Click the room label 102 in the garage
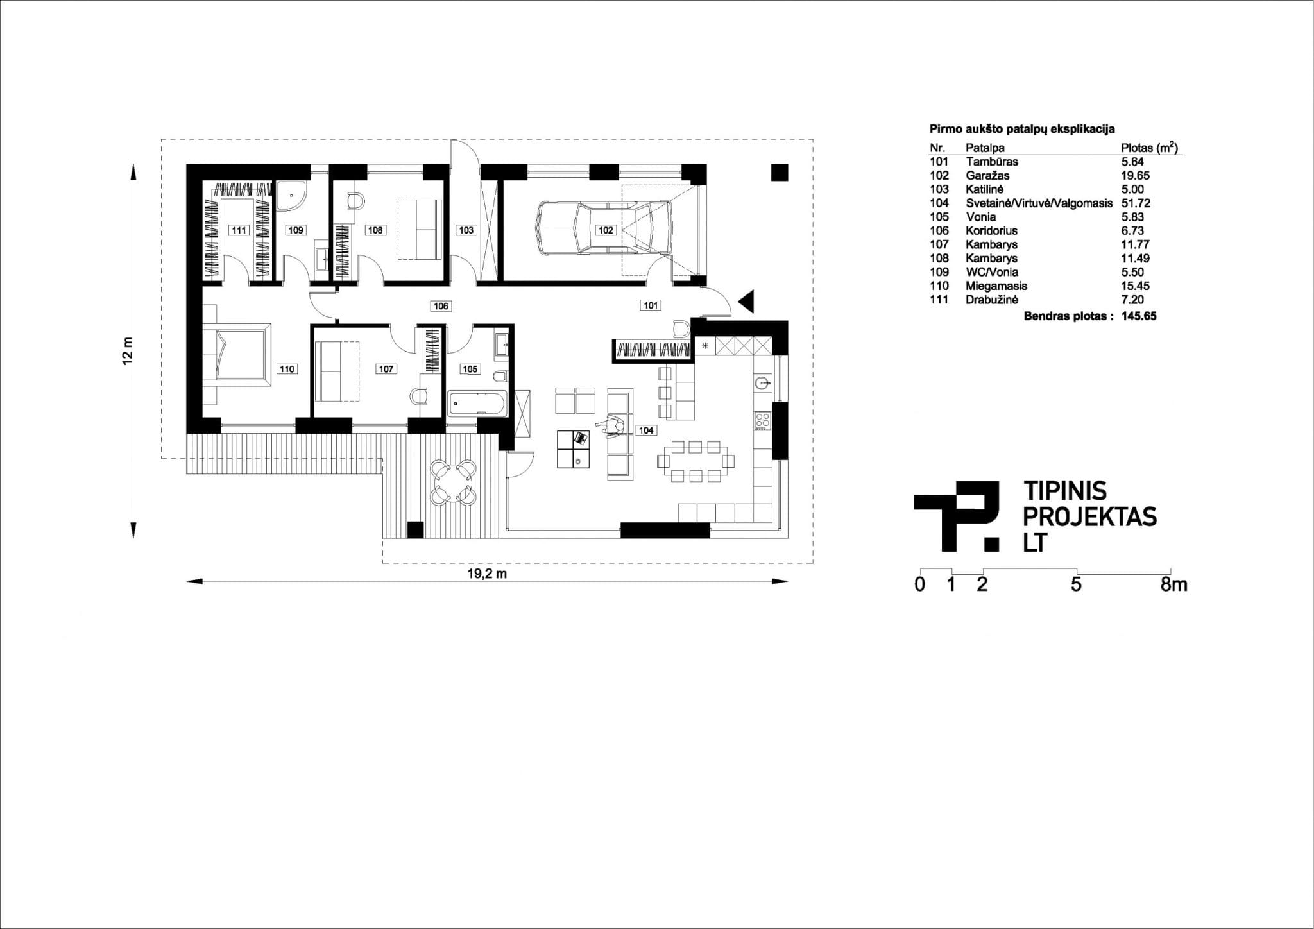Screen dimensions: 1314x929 [606, 230]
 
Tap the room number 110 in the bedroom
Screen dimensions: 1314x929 [286, 369]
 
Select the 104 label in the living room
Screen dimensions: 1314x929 [645, 430]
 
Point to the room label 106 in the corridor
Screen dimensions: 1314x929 [441, 306]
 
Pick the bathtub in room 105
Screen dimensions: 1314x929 [477, 404]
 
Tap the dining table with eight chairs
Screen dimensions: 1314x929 [696, 461]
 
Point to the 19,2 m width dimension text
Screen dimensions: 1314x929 [487, 574]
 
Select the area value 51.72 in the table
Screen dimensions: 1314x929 [1135, 203]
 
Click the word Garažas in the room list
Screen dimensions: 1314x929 [987, 175]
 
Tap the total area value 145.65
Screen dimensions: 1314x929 [1139, 316]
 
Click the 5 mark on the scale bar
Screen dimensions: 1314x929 [1077, 585]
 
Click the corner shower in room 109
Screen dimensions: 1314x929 [292, 196]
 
